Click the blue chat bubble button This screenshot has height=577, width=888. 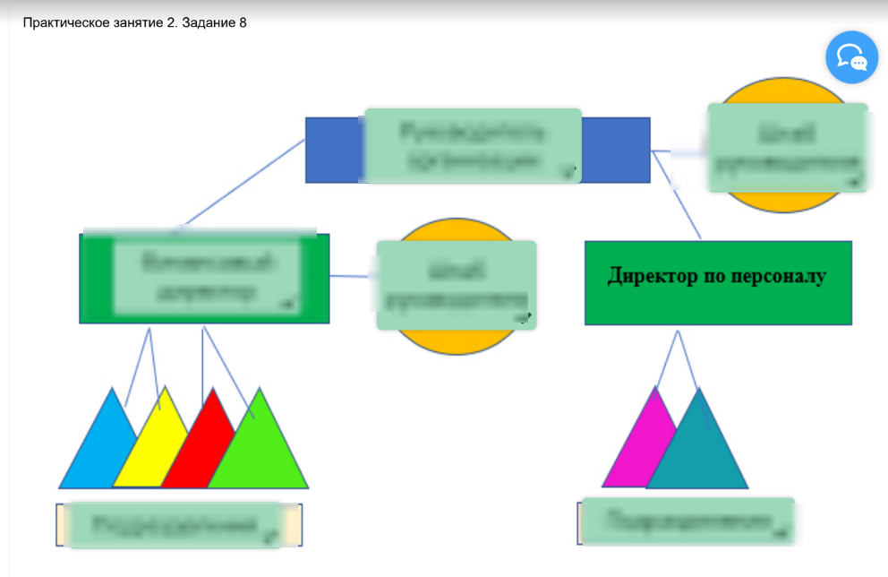coord(851,56)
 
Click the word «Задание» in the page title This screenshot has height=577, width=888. coord(209,23)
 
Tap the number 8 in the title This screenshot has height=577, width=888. coord(243,23)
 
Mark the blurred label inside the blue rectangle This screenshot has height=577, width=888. coord(473,146)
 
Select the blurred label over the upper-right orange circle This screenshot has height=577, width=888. coord(787,147)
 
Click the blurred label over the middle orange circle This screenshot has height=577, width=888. coord(456,284)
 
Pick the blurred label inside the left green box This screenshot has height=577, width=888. coord(205,278)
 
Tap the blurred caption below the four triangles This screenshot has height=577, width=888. coord(175,524)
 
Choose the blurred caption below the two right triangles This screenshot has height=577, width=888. coord(687,521)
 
